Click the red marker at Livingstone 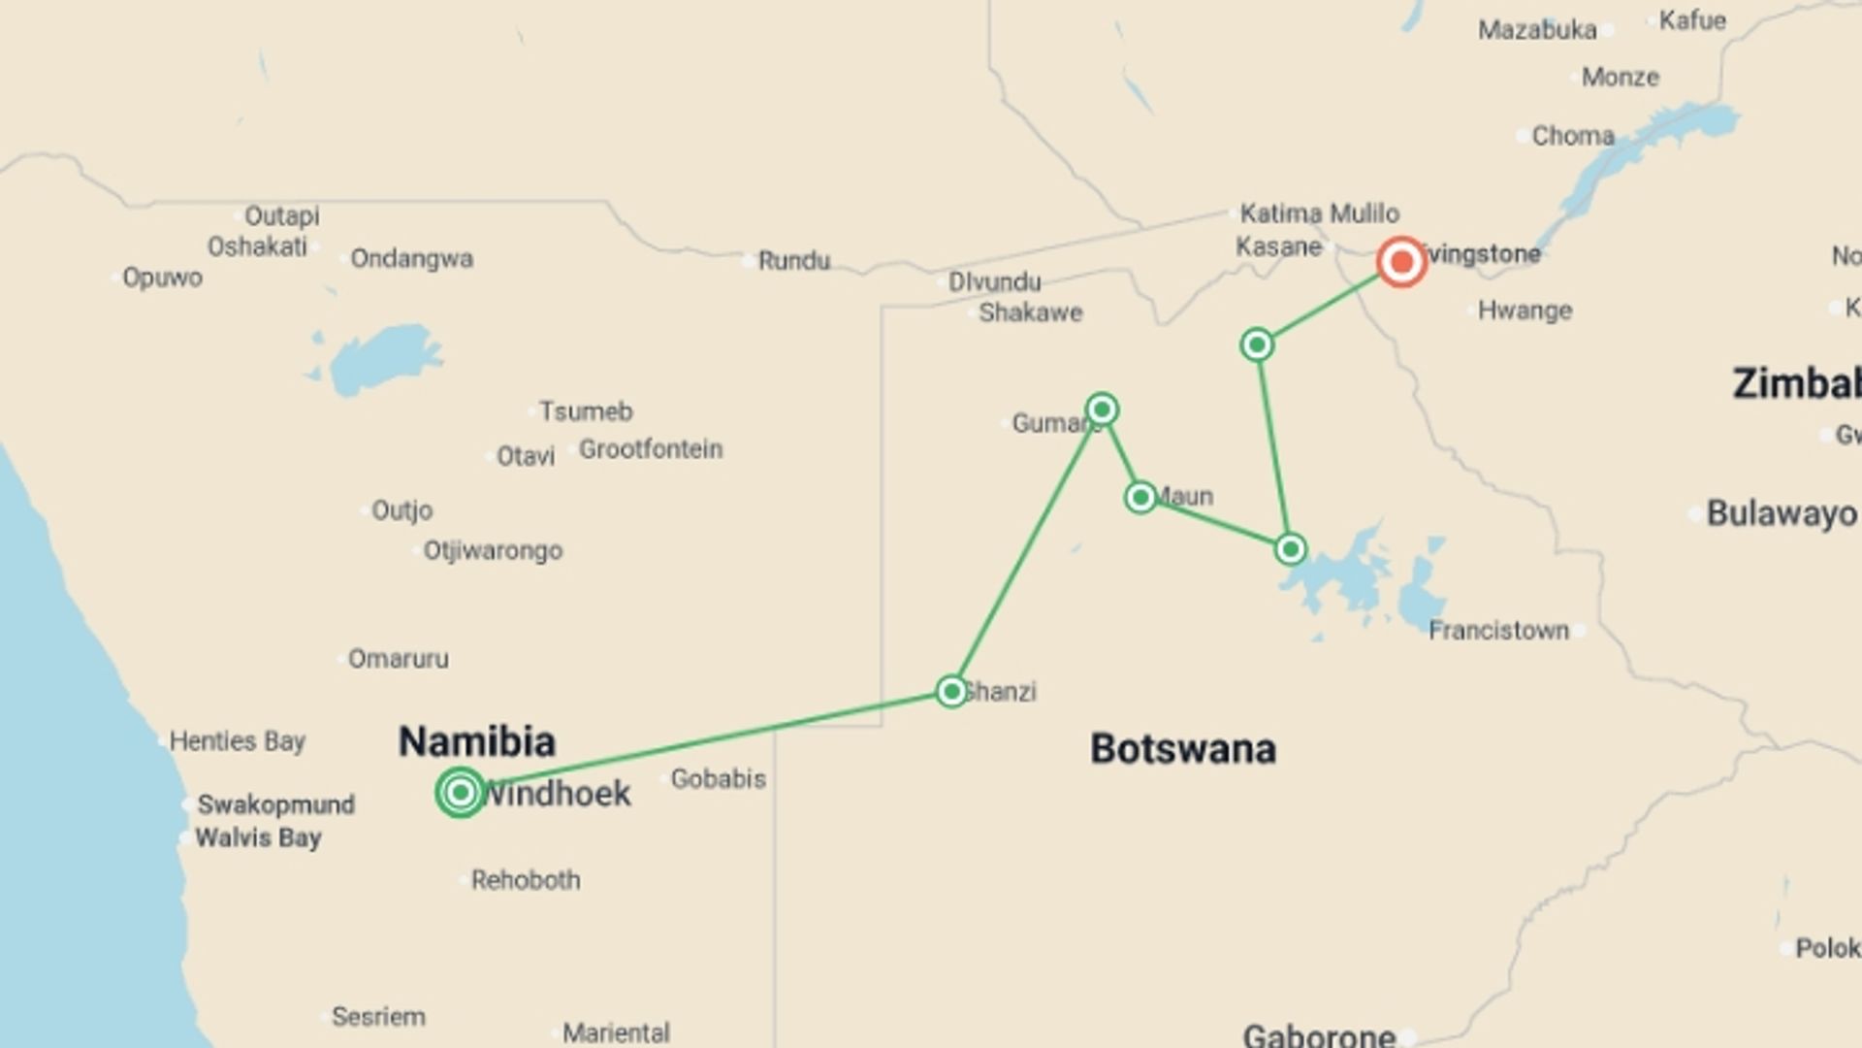[1401, 262]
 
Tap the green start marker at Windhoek [461, 793]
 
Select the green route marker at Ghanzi [951, 691]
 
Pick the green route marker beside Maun [1140, 498]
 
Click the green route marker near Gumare [1102, 409]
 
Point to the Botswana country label [1183, 749]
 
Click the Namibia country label [477, 742]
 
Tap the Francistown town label [1498, 631]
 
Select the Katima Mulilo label [1319, 213]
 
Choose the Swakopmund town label [276, 804]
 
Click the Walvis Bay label [258, 837]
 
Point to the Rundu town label [794, 261]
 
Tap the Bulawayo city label [1782, 513]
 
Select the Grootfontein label [651, 449]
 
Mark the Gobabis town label [719, 778]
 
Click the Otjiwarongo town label [493, 551]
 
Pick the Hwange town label [1525, 311]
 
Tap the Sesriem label [378, 1017]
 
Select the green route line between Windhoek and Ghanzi [708, 741]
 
